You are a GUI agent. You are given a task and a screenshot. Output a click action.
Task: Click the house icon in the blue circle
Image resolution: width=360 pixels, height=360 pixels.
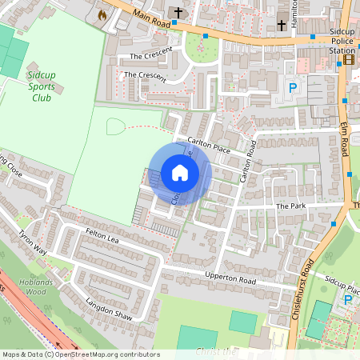(180, 172)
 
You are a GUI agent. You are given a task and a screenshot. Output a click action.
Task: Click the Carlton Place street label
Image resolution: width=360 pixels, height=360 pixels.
(209, 146)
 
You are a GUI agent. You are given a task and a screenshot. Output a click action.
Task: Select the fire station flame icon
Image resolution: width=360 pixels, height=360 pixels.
(102, 14)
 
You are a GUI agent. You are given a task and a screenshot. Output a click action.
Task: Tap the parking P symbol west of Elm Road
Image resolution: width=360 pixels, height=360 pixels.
(292, 88)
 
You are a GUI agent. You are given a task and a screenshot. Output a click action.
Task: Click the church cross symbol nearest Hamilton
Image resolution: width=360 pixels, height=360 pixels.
(282, 26)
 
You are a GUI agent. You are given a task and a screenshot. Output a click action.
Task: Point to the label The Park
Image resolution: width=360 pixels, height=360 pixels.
(290, 206)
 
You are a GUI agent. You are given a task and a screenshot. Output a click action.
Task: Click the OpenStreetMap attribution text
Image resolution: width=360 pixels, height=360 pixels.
(81, 354)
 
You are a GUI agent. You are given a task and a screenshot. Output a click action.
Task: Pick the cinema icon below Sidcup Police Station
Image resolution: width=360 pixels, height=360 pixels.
(349, 59)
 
